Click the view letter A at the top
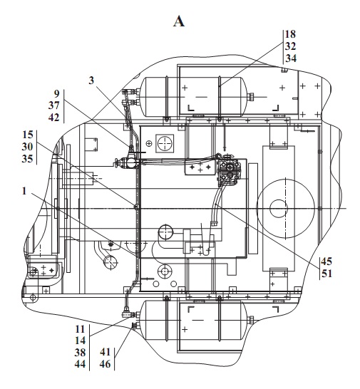click(x=179, y=21)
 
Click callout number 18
click(x=290, y=34)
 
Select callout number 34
click(x=291, y=58)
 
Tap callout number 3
click(x=92, y=81)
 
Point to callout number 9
click(x=57, y=94)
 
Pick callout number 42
click(x=54, y=118)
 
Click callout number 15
click(x=28, y=135)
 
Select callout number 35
click(x=27, y=159)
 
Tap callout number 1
click(x=24, y=191)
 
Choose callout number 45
click(x=326, y=261)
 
